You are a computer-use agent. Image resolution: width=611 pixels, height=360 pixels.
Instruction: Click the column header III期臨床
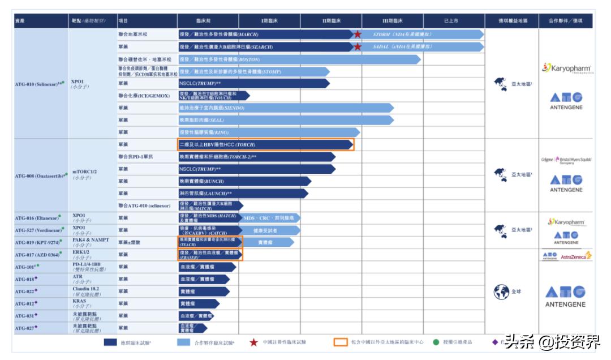pos(392,21)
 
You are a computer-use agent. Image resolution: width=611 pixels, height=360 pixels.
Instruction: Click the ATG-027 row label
pos(26,328)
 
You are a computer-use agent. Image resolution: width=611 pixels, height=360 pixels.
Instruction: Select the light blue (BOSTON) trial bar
pos(299,59)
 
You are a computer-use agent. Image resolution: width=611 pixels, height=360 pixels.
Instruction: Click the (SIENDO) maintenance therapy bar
pos(286,108)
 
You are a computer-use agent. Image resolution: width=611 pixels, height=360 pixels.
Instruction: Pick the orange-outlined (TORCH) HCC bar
pos(265,144)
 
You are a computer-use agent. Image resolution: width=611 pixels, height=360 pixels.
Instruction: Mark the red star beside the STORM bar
pos(358,34)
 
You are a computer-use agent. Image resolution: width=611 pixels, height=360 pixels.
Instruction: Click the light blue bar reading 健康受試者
pos(265,230)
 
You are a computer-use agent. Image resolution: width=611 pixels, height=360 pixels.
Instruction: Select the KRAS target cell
pos(79,303)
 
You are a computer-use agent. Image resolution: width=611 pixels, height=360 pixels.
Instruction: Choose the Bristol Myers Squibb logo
pos(574,160)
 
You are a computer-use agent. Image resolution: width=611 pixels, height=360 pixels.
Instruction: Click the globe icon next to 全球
pos(501,292)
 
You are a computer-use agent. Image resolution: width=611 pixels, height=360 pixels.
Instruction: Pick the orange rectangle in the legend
pos(341,342)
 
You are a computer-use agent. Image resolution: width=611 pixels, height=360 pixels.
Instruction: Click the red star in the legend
pos(254,342)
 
